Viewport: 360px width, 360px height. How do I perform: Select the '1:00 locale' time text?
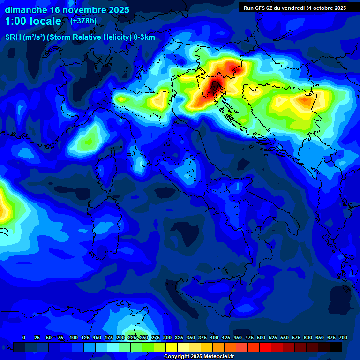(x=33, y=21)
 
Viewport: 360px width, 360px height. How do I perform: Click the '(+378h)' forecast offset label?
(x=84, y=21)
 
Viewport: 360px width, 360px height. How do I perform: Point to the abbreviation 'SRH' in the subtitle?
(x=13, y=37)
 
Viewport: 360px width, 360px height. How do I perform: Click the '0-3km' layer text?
(x=144, y=37)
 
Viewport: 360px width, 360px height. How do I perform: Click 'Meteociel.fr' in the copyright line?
(x=222, y=357)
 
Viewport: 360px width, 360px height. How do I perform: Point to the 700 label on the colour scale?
(x=343, y=337)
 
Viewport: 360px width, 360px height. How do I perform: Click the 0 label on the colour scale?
(x=24, y=337)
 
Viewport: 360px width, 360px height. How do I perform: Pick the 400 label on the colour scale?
(x=214, y=337)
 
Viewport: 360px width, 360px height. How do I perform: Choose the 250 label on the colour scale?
(x=144, y=337)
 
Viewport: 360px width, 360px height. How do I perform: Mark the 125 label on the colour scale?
(x=85, y=337)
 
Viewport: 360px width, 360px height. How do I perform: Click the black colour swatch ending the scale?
(x=336, y=347)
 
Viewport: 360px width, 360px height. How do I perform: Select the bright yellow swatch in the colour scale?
(x=172, y=347)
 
